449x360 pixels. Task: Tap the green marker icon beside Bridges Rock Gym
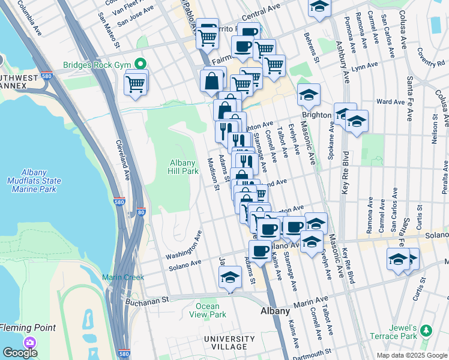(x=141, y=64)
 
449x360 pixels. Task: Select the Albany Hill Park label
(x=184, y=167)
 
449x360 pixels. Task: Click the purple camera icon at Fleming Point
(x=29, y=341)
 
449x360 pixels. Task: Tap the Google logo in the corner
(x=20, y=353)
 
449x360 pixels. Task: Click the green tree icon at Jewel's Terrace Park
(x=426, y=330)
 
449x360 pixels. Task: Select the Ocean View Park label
(x=207, y=310)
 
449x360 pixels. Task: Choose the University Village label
(x=225, y=343)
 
